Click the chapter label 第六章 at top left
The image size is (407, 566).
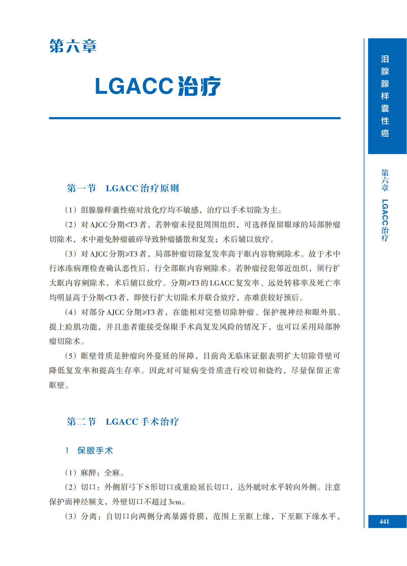tap(73, 46)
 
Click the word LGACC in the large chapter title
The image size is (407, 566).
tap(134, 86)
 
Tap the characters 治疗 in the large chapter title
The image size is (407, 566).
tap(199, 86)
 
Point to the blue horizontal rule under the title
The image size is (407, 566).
tap(194, 118)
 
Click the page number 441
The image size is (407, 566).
tap(384, 522)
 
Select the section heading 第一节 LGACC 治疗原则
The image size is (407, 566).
tap(123, 188)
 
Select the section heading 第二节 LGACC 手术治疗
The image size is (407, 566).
tap(123, 422)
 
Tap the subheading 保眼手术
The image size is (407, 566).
tap(95, 451)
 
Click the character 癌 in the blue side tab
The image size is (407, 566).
tap(385, 133)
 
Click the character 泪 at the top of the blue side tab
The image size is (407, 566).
tap(385, 59)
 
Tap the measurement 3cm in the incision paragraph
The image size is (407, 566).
tap(174, 502)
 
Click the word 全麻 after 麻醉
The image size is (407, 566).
tap(112, 473)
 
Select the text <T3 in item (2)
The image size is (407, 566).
tap(131, 225)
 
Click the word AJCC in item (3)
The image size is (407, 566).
tap(99, 254)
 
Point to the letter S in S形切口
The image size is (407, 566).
tap(147, 487)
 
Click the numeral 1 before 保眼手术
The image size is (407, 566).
tap(67, 451)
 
